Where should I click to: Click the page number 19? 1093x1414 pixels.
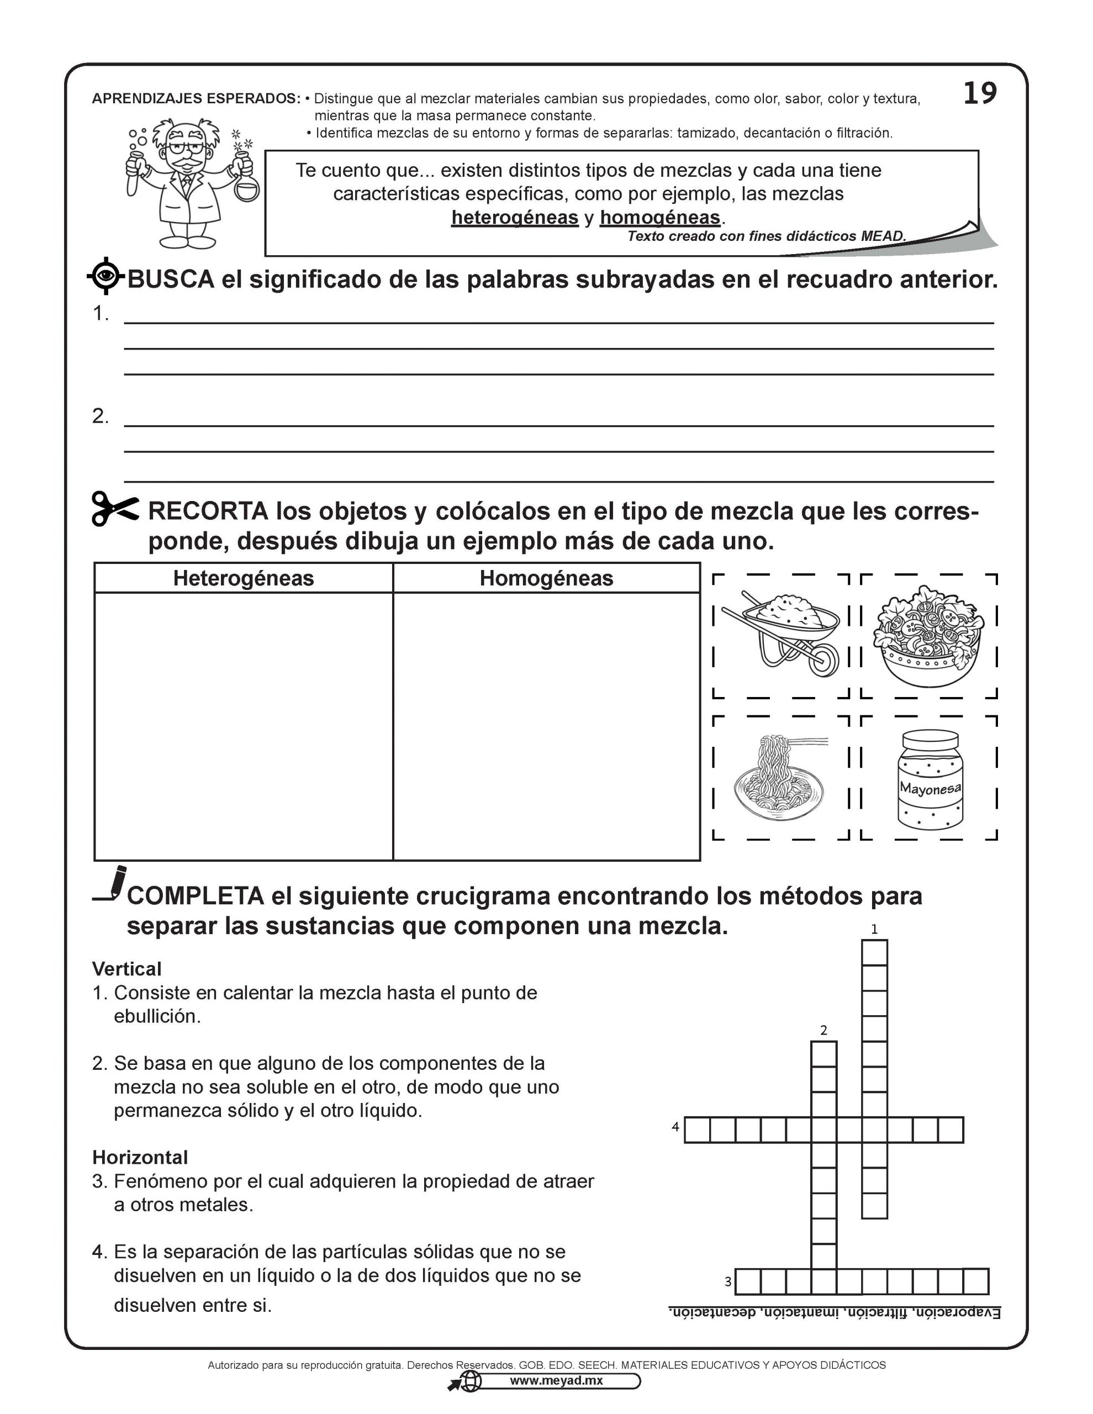(980, 94)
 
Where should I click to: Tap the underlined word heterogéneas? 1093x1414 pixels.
(515, 218)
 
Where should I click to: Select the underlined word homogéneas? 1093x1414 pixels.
(660, 218)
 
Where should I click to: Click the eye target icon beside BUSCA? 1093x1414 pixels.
(105, 277)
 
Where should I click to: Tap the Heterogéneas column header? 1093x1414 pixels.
(244, 578)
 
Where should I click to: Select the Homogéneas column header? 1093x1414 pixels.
(546, 578)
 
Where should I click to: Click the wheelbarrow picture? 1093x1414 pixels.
(780, 635)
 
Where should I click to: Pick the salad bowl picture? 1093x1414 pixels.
(928, 635)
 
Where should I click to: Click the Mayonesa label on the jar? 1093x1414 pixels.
(930, 789)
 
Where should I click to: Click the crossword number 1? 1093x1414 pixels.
(874, 930)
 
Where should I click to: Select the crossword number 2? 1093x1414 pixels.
(823, 1030)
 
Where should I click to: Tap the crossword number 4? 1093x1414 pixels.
(675, 1127)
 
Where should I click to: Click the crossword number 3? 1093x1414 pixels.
(728, 1281)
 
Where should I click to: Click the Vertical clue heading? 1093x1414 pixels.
(127, 969)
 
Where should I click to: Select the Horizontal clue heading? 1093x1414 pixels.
(140, 1158)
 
